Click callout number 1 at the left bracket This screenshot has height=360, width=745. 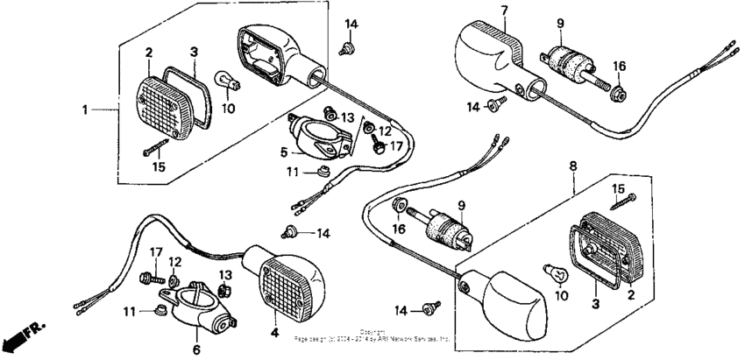pos(86,110)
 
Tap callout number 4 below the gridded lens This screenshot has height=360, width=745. pos(273,334)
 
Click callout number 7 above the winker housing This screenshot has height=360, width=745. pos(504,11)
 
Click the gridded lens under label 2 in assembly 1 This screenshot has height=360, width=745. pos(165,102)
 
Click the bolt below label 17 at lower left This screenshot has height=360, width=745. pos(146,279)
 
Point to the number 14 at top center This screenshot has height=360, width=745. pos(351,23)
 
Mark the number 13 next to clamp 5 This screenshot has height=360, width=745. pos(348,117)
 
